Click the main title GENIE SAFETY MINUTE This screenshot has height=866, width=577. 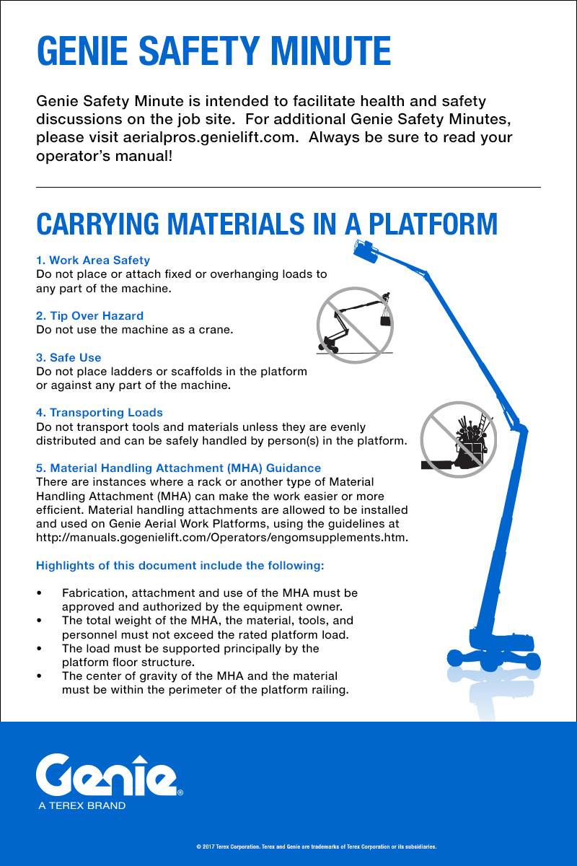pyautogui.click(x=213, y=51)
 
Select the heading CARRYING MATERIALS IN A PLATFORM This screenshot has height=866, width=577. pyautogui.click(x=267, y=224)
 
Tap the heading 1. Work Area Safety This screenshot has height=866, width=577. pyautogui.click(x=93, y=260)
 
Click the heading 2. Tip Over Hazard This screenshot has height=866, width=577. pyautogui.click(x=89, y=316)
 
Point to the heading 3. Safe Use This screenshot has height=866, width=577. pyautogui.click(x=69, y=358)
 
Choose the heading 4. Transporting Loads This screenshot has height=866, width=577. pyautogui.click(x=100, y=413)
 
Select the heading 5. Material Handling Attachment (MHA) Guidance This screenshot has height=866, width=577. pyautogui.click(x=178, y=468)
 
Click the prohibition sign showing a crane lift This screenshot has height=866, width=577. pyautogui.click(x=355, y=325)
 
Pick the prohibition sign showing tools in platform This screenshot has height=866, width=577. pyautogui.click(x=458, y=439)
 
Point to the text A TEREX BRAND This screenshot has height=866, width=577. pyautogui.click(x=82, y=805)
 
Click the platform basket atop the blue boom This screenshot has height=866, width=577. pyautogui.click(x=366, y=250)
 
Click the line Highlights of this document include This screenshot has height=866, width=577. pyautogui.click(x=180, y=565)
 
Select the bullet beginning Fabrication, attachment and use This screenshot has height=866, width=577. pyautogui.click(x=209, y=600)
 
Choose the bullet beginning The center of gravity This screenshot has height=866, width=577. pyautogui.click(x=205, y=683)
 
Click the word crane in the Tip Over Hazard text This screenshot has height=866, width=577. pyautogui.click(x=213, y=330)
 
